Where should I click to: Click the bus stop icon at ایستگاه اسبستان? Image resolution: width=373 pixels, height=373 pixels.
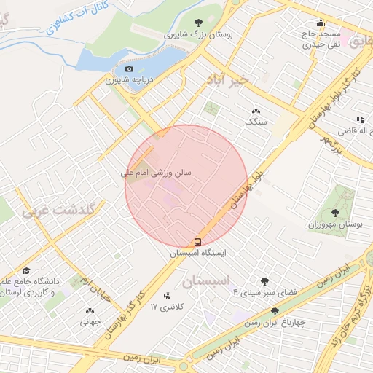click(197, 241)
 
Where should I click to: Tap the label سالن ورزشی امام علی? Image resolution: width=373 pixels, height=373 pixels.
click(156, 174)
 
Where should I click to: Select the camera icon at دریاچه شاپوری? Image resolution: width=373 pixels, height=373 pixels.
click(130, 68)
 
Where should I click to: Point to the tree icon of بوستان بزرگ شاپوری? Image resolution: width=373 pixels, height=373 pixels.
click(199, 23)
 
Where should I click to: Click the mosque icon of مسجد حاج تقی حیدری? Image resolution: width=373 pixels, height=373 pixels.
click(321, 23)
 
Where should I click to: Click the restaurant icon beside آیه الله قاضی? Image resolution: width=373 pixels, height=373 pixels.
click(359, 119)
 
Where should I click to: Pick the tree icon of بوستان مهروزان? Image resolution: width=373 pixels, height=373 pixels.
click(335, 213)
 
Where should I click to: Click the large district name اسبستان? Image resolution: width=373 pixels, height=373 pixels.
click(207, 281)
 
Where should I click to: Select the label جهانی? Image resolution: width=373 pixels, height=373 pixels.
click(89, 320)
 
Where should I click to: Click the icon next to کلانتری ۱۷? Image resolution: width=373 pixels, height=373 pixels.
click(168, 296)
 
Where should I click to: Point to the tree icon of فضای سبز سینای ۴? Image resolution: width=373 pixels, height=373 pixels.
click(264, 282)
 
